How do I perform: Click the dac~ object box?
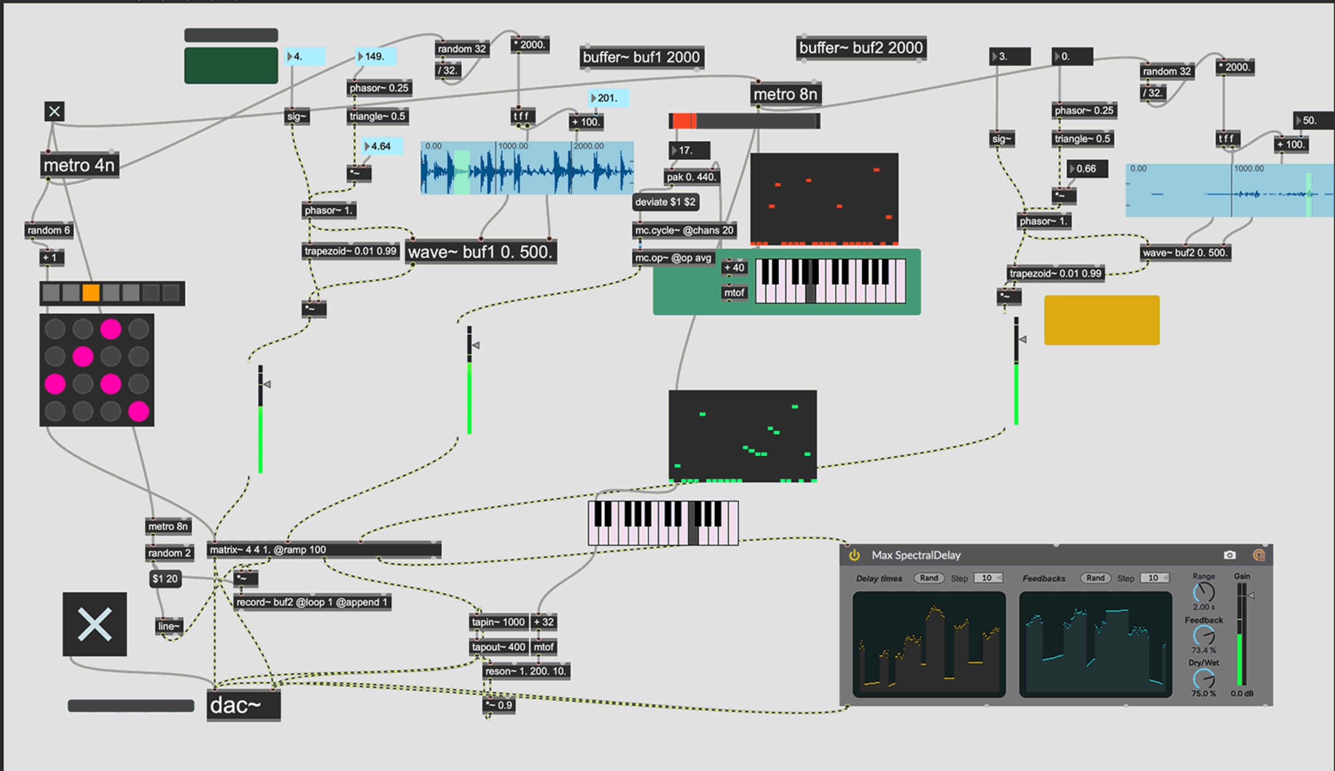(x=243, y=705)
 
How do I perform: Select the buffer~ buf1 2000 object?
(x=641, y=57)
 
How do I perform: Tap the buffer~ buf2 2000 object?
(x=861, y=48)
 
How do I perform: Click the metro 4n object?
(x=79, y=166)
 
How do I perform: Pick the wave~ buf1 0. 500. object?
(x=480, y=252)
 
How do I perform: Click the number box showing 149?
(x=376, y=57)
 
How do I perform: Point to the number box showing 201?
(x=608, y=98)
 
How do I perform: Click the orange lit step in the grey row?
(x=91, y=293)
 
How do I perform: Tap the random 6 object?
(x=48, y=230)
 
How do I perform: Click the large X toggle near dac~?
(x=94, y=624)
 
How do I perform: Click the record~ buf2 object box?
(x=312, y=602)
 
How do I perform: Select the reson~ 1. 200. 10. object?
(x=526, y=672)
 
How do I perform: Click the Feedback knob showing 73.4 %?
(x=1203, y=635)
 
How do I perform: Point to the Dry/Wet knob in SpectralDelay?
(x=1203, y=678)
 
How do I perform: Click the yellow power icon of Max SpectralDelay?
(x=854, y=555)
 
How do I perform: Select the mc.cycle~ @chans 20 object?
(x=684, y=230)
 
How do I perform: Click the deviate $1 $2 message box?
(x=665, y=202)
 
